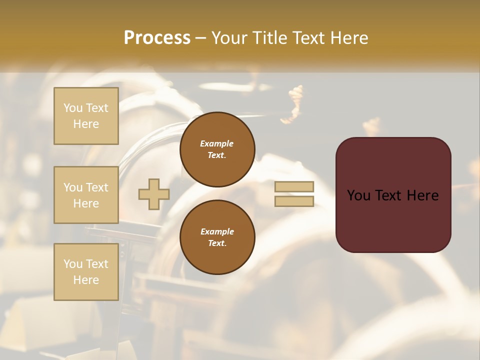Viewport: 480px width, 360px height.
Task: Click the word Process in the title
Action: (x=157, y=38)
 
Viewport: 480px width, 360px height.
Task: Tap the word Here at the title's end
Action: (x=346, y=38)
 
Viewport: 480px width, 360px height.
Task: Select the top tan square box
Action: (x=86, y=116)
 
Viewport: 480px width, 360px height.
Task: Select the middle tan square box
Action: (x=86, y=195)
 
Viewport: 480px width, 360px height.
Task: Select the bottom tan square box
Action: (x=86, y=271)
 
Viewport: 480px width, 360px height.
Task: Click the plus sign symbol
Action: (x=154, y=194)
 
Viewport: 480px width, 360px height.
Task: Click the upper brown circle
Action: (x=217, y=149)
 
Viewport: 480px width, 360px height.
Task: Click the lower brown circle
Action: (x=217, y=237)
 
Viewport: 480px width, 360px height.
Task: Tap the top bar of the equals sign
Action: (x=294, y=187)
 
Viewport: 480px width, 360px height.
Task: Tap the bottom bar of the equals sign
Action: (x=294, y=201)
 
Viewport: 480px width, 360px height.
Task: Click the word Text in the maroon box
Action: (x=391, y=195)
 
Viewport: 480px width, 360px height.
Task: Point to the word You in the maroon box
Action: (x=358, y=195)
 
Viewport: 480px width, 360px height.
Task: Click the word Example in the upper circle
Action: (x=217, y=143)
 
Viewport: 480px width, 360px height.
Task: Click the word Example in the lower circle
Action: (x=217, y=231)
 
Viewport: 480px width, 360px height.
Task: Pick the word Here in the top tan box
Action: (x=86, y=124)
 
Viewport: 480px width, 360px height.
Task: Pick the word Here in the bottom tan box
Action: (x=86, y=280)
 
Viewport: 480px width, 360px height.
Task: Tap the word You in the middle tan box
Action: (x=73, y=187)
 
